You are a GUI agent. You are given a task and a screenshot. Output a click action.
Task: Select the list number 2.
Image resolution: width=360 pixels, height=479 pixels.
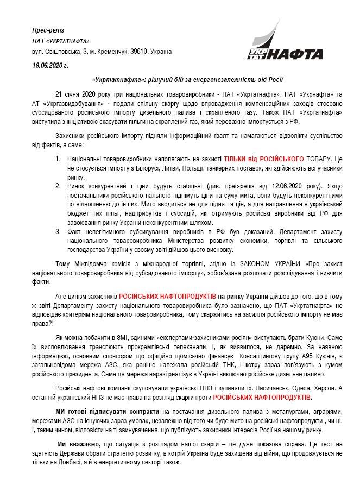pyautogui.click(x=59, y=185)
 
